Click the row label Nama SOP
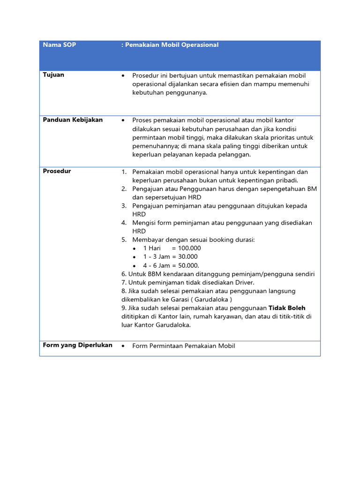coord(60,45)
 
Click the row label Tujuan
coord(54,75)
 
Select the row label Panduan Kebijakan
coord(73,120)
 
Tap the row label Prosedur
coord(57,171)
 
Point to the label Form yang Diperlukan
coord(77,345)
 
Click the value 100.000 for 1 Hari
coord(190,248)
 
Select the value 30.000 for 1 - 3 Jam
coord(188,257)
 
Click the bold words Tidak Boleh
coord(287,308)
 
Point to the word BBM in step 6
coord(149,274)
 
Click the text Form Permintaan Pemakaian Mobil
coord(184,346)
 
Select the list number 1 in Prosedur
coord(124,172)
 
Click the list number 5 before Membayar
coord(124,240)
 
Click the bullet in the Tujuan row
coord(123,76)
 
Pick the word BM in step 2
coord(312,189)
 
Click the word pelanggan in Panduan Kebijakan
coord(234,155)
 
